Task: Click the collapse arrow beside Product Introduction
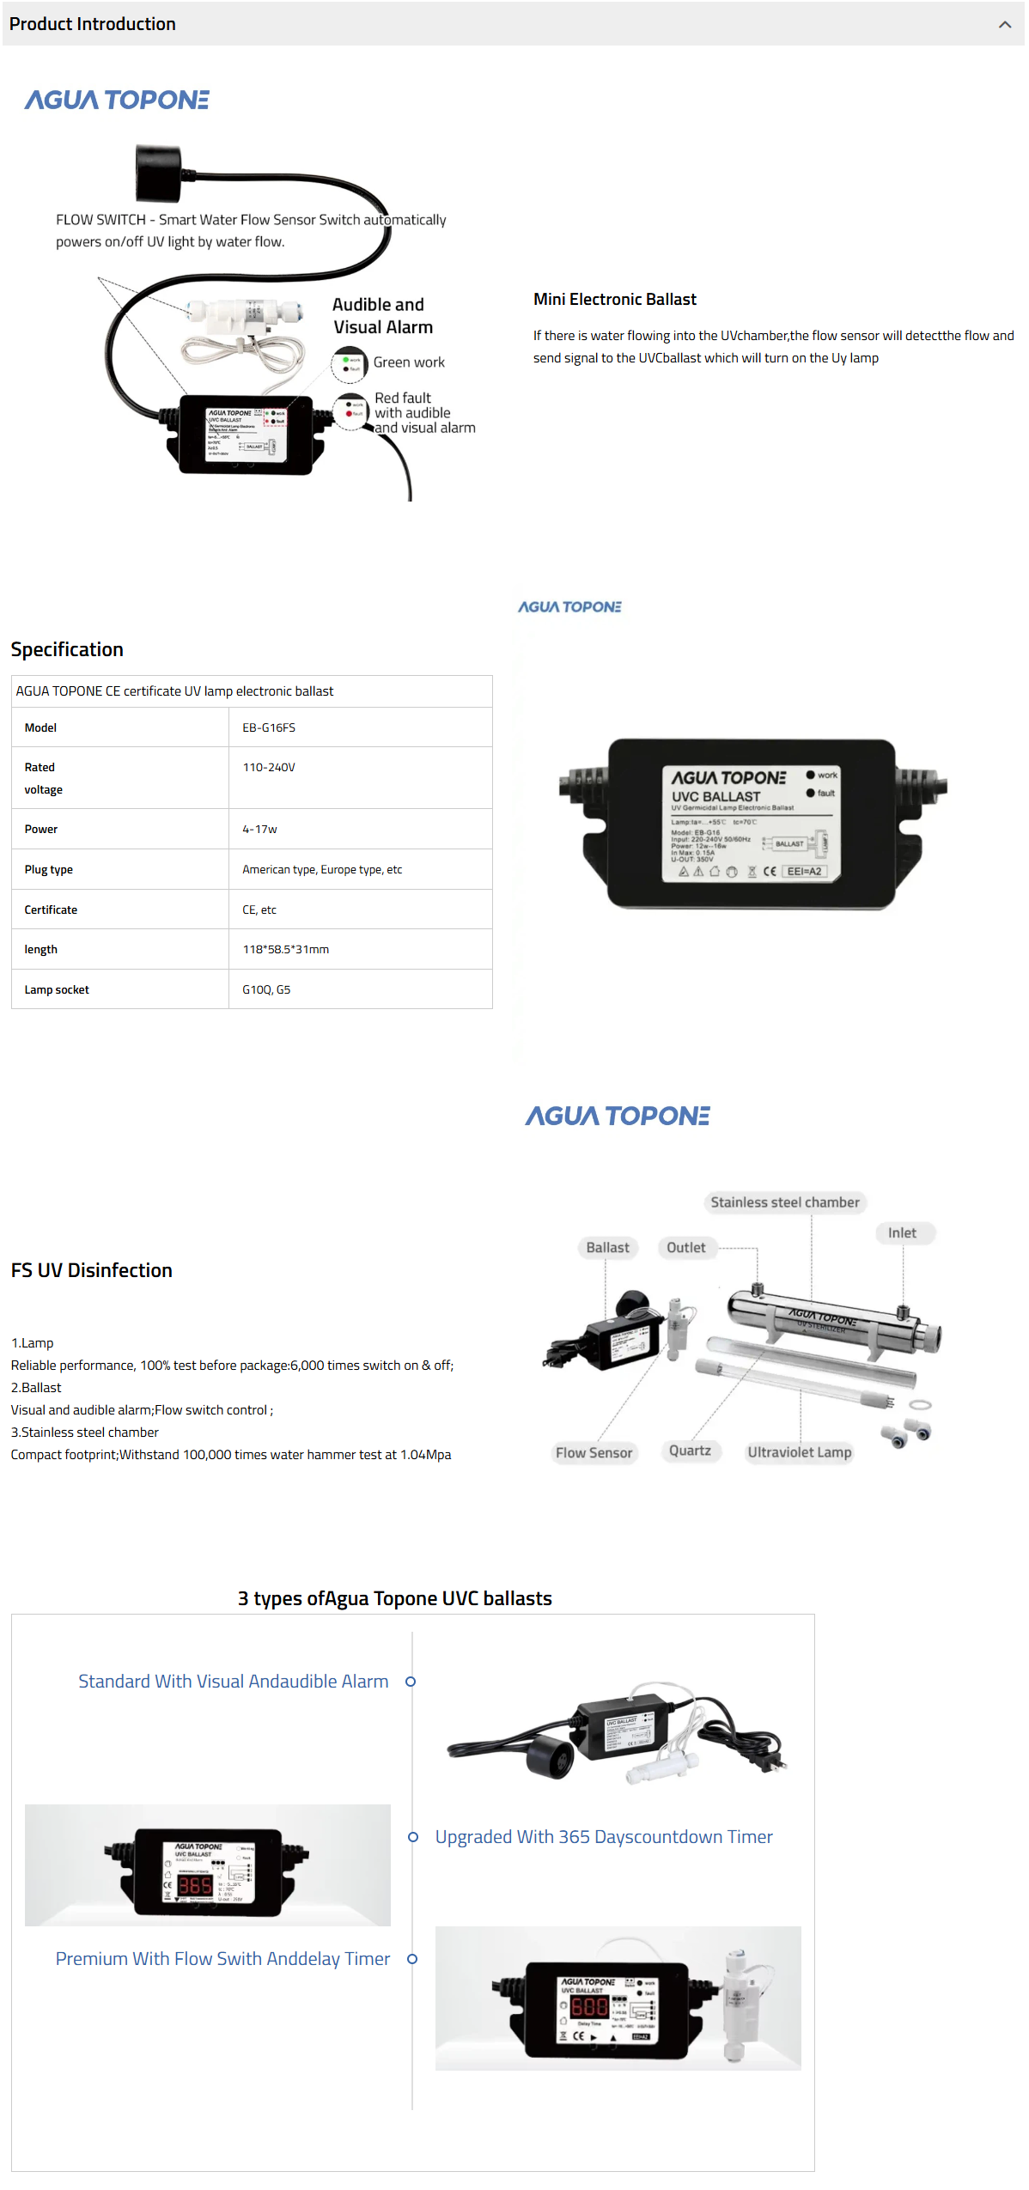[x=1004, y=24]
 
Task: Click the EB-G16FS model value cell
[x=269, y=727]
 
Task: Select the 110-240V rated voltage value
[x=269, y=767]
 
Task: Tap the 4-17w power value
[x=259, y=829]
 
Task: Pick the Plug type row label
[x=49, y=869]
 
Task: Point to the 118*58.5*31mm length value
[x=285, y=949]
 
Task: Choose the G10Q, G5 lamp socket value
[x=266, y=989]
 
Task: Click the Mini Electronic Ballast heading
[x=614, y=299]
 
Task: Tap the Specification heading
[x=67, y=649]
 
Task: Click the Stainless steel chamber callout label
[x=784, y=1202]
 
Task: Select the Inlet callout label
[x=902, y=1232]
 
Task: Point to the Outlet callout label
[x=685, y=1247]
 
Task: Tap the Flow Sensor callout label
[x=594, y=1452]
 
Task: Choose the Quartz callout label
[x=690, y=1451]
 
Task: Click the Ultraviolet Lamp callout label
[x=799, y=1452]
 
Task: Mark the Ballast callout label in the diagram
[x=607, y=1247]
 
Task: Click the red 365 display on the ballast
[x=195, y=1885]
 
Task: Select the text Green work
[x=409, y=362]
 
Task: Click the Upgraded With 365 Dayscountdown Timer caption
[x=603, y=1837]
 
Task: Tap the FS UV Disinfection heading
[x=92, y=1270]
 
